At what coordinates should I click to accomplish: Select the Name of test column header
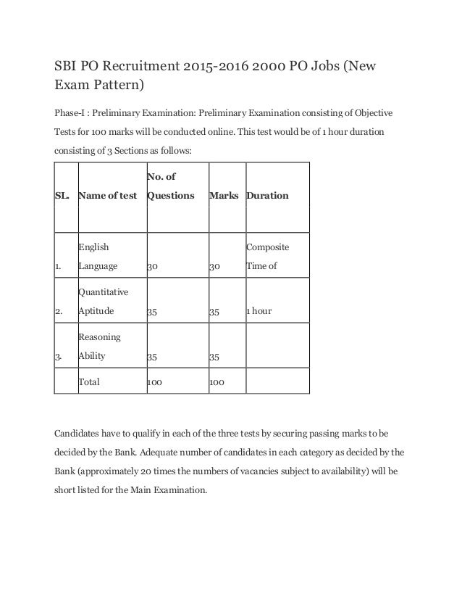point(108,196)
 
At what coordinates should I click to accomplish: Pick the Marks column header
point(224,196)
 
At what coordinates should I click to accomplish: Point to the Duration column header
point(267,196)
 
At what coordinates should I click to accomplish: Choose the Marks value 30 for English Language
point(215,266)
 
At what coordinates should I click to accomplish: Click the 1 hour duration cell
point(259,311)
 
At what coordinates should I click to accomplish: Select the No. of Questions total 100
point(154,380)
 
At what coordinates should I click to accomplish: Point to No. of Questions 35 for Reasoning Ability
point(153,356)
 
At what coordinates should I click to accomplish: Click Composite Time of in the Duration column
point(267,257)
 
